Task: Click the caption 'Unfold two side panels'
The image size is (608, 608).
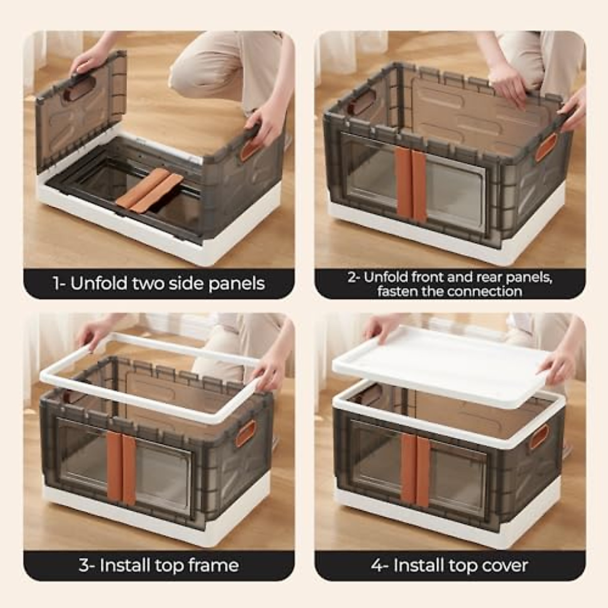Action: [159, 284]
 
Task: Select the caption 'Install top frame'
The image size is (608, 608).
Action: [159, 565]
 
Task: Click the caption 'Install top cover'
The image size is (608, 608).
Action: [450, 565]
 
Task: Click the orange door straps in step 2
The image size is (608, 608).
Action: [411, 185]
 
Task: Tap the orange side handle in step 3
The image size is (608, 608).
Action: [246, 433]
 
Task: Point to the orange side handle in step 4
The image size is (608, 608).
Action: [539, 437]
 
